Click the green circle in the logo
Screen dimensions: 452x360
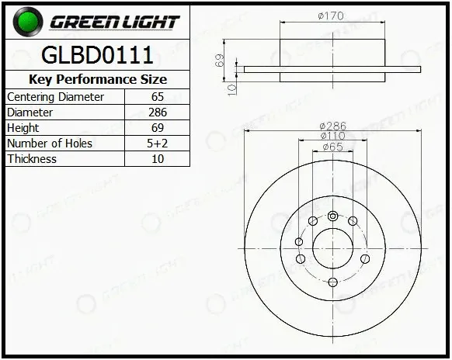coord(28,22)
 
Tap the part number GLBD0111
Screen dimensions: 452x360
coord(97,55)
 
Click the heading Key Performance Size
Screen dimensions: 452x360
coord(98,79)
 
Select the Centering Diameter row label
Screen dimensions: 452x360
coord(55,97)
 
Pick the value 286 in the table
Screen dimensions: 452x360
coord(158,112)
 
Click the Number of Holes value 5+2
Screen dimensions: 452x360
coord(157,143)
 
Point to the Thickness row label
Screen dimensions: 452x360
coord(32,159)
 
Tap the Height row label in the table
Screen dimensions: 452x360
coord(23,128)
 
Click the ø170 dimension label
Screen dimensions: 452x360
coord(331,16)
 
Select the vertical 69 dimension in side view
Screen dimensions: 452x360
coord(220,60)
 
